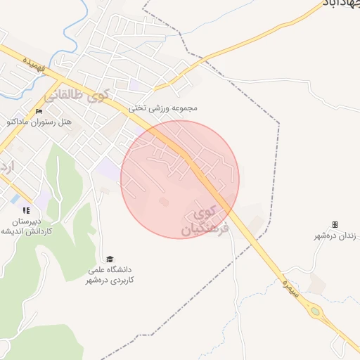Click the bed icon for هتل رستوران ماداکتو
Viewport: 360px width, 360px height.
tap(39, 111)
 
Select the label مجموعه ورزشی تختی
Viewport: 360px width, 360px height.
tap(162, 108)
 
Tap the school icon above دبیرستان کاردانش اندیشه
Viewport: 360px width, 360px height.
tap(26, 210)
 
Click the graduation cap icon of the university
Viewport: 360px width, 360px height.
tap(109, 259)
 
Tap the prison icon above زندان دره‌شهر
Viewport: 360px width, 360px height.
tap(335, 224)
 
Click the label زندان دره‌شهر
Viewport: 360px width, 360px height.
tap(337, 236)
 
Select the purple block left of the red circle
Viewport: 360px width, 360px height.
tap(108, 169)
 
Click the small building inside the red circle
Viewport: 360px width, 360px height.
tap(164, 202)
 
